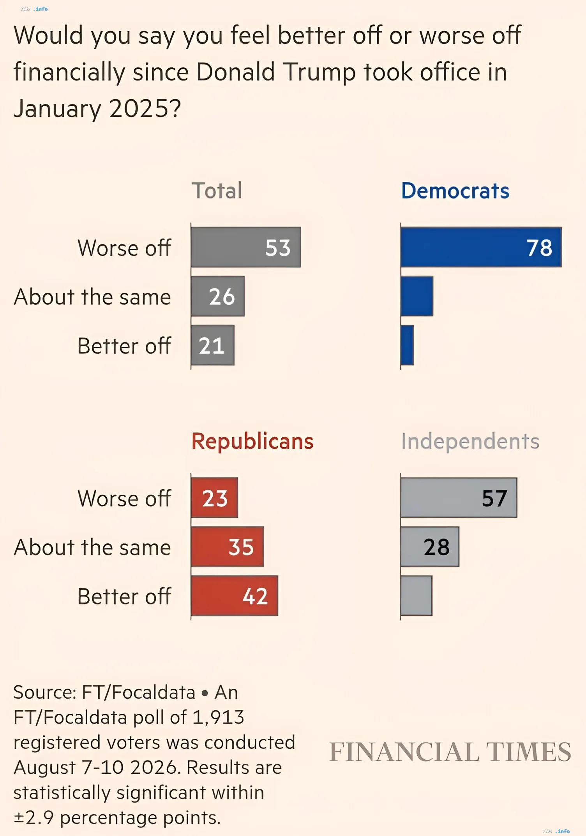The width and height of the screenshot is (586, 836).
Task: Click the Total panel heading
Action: tap(217, 191)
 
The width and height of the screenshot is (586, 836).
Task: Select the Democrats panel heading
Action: tap(455, 191)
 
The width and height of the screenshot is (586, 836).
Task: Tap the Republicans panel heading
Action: tap(252, 442)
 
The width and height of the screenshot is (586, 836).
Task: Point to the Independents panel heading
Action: tap(470, 442)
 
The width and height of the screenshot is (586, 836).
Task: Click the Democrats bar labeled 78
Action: tap(481, 247)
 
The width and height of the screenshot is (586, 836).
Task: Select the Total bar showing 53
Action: tap(246, 247)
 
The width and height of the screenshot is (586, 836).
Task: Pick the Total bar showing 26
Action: tap(218, 296)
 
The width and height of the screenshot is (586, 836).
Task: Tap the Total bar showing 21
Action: tap(213, 345)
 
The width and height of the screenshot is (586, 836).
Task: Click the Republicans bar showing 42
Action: tap(235, 595)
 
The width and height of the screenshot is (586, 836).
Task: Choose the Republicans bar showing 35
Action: tap(228, 546)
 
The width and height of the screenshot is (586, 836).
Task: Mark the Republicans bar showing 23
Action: tap(215, 498)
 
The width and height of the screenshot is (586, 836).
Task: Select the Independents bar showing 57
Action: tap(459, 498)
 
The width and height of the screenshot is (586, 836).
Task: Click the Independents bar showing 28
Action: tap(430, 546)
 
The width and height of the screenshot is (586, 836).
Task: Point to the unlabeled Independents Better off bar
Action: tap(417, 595)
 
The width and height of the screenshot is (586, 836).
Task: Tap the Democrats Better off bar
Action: tap(407, 345)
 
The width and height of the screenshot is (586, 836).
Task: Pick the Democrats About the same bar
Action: tap(417, 296)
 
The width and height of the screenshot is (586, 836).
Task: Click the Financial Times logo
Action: tap(450, 752)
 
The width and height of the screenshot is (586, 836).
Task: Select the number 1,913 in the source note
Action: tap(218, 717)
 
